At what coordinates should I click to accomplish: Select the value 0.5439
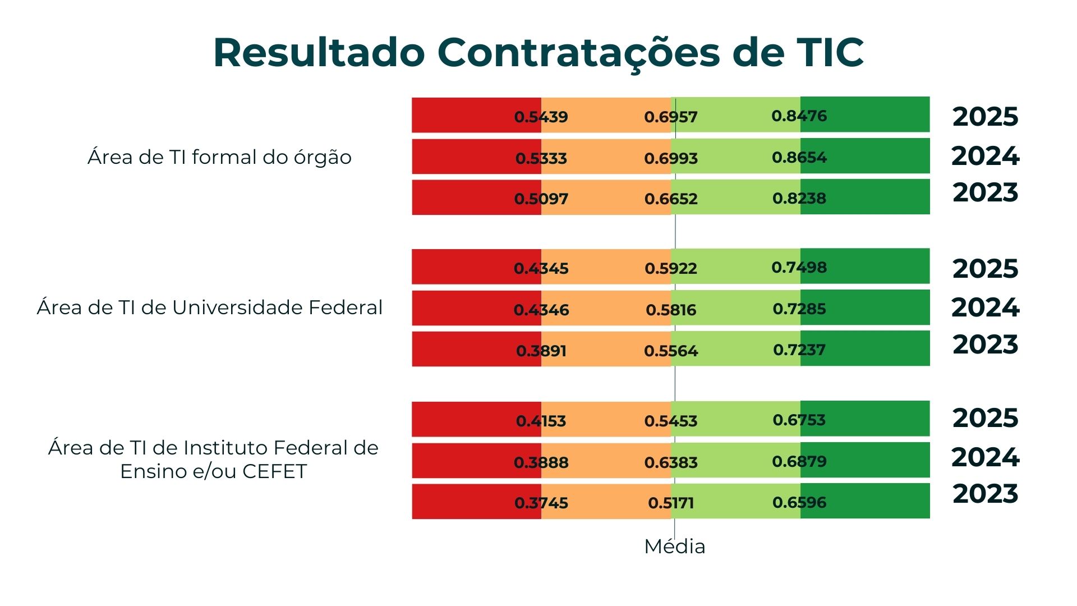pyautogui.click(x=541, y=117)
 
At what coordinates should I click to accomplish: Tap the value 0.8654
pyautogui.click(x=799, y=157)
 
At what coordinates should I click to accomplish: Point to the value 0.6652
pyautogui.click(x=671, y=199)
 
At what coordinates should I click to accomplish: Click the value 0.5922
pyautogui.click(x=671, y=268)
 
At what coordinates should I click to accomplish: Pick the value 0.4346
pyautogui.click(x=541, y=310)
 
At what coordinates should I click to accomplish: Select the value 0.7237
pyautogui.click(x=799, y=350)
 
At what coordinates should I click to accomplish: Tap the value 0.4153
pyautogui.click(x=541, y=421)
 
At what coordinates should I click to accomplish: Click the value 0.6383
pyautogui.click(x=671, y=462)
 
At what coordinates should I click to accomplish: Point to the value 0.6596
pyautogui.click(x=799, y=502)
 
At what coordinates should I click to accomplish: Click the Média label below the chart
pyautogui.click(x=674, y=546)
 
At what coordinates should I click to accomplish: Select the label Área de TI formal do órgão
pyautogui.click(x=219, y=157)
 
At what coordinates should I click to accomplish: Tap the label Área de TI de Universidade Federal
pyautogui.click(x=210, y=307)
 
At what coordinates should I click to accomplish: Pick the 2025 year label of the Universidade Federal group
pyautogui.click(x=985, y=269)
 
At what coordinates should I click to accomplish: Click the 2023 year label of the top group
pyautogui.click(x=985, y=192)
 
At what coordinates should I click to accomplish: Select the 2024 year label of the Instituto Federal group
pyautogui.click(x=985, y=457)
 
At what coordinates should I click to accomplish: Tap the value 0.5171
pyautogui.click(x=671, y=503)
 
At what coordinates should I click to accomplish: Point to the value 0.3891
pyautogui.click(x=541, y=351)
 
